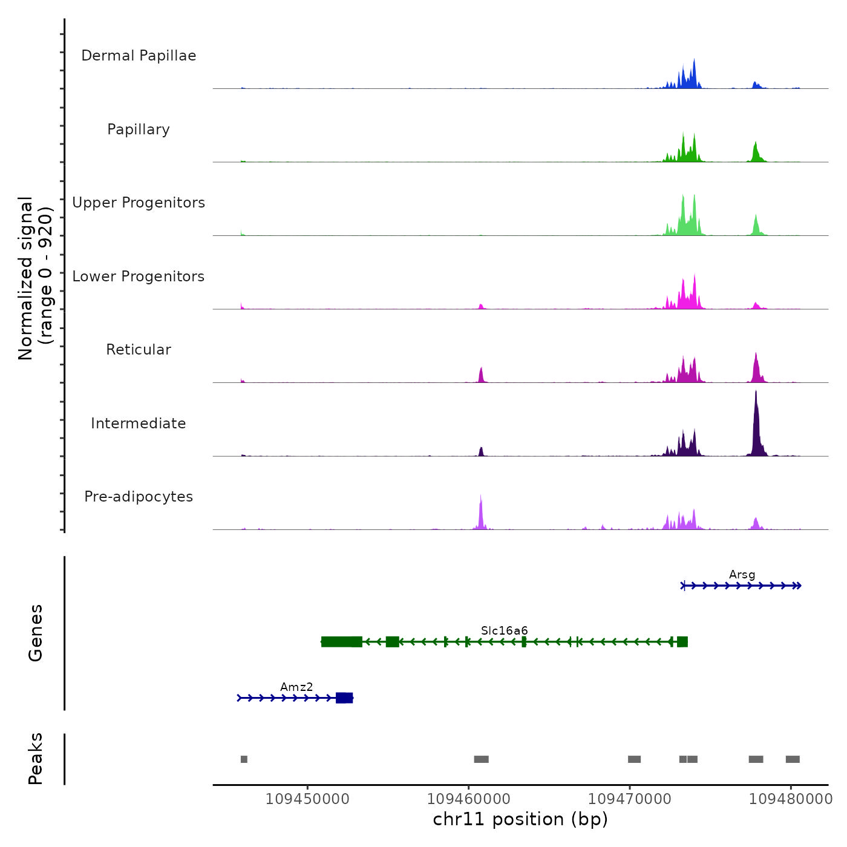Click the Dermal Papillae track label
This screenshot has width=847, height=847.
click(x=139, y=56)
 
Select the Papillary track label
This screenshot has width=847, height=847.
click(x=139, y=129)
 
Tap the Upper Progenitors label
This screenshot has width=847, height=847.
click(x=139, y=203)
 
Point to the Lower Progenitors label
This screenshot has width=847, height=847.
click(x=139, y=276)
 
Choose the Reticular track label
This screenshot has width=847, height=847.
click(x=139, y=350)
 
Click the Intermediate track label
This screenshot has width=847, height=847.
click(x=139, y=423)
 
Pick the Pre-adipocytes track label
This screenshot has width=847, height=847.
click(x=139, y=497)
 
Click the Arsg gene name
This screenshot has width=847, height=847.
click(x=742, y=575)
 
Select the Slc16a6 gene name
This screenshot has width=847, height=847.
click(x=504, y=631)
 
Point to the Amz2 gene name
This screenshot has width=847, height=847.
click(x=296, y=687)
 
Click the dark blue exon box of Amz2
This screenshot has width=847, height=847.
click(x=344, y=698)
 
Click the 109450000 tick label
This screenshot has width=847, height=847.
click(x=307, y=799)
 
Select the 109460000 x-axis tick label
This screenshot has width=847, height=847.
click(x=468, y=799)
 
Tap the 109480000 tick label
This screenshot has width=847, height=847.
click(x=790, y=799)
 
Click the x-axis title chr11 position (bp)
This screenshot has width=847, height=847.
click(x=520, y=819)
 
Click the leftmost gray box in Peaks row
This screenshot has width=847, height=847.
click(x=244, y=759)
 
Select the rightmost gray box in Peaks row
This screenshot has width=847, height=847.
click(x=793, y=759)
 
